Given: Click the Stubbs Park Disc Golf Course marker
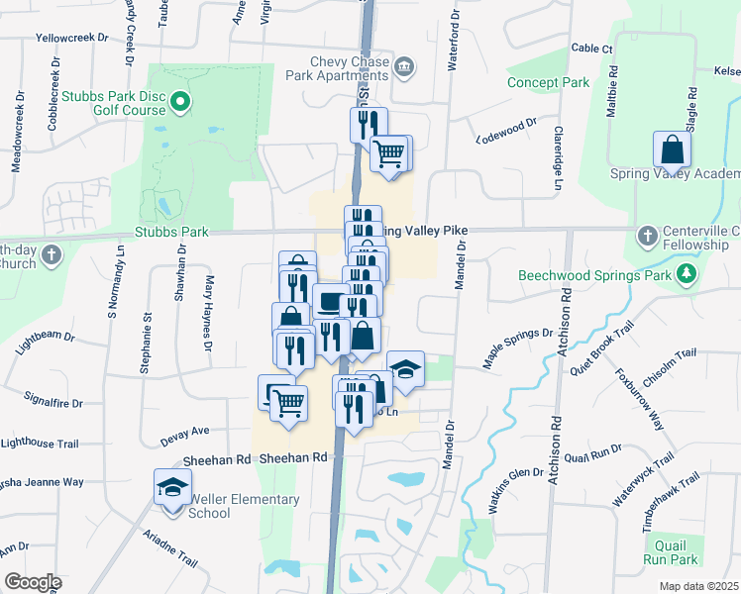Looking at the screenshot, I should click(x=180, y=101).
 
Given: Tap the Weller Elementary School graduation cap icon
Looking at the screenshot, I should click(x=172, y=489).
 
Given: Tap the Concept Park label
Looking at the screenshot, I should click(x=548, y=82).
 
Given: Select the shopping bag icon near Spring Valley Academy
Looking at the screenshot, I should click(x=672, y=151).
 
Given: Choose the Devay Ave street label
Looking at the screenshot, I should click(x=185, y=431).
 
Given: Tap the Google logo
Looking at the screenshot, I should click(x=33, y=582).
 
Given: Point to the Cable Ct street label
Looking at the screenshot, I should click(x=592, y=48).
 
